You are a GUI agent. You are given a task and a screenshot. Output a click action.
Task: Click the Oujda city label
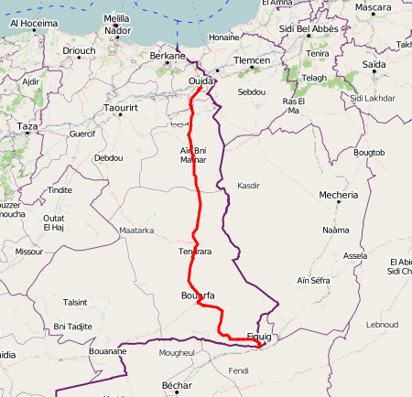pos(201,81)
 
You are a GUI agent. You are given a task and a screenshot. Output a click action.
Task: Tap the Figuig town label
pos(266,337)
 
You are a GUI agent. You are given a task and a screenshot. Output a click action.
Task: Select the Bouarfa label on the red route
pos(198,295)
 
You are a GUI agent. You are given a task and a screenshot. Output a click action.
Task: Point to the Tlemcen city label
pos(252,60)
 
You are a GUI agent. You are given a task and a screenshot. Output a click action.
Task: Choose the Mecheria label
pos(339,195)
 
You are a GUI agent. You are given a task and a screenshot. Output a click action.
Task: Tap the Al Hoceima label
pos(34,23)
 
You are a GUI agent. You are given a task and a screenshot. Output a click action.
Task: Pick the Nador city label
pos(118,30)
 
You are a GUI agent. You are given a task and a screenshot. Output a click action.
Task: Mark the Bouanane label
pos(108,350)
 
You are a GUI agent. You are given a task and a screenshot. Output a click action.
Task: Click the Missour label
pos(29,251)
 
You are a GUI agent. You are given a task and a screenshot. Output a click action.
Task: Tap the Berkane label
pos(168,56)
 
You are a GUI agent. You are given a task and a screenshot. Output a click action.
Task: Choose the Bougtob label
pos(371,151)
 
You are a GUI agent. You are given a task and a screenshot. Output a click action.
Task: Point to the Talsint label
pos(75,302)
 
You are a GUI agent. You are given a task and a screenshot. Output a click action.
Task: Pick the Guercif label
pos(82,134)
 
